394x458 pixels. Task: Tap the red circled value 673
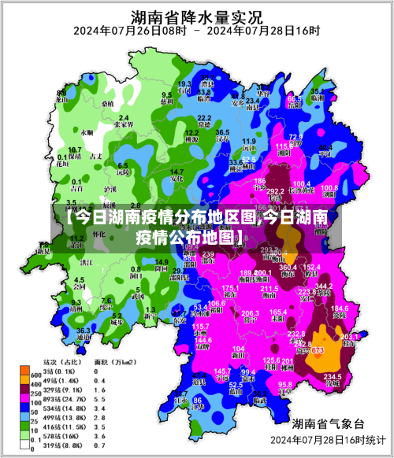[x=318, y=350]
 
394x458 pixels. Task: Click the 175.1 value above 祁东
[x=229, y=290]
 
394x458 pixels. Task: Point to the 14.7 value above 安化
[x=177, y=172]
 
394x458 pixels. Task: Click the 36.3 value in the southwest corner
[x=83, y=331]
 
